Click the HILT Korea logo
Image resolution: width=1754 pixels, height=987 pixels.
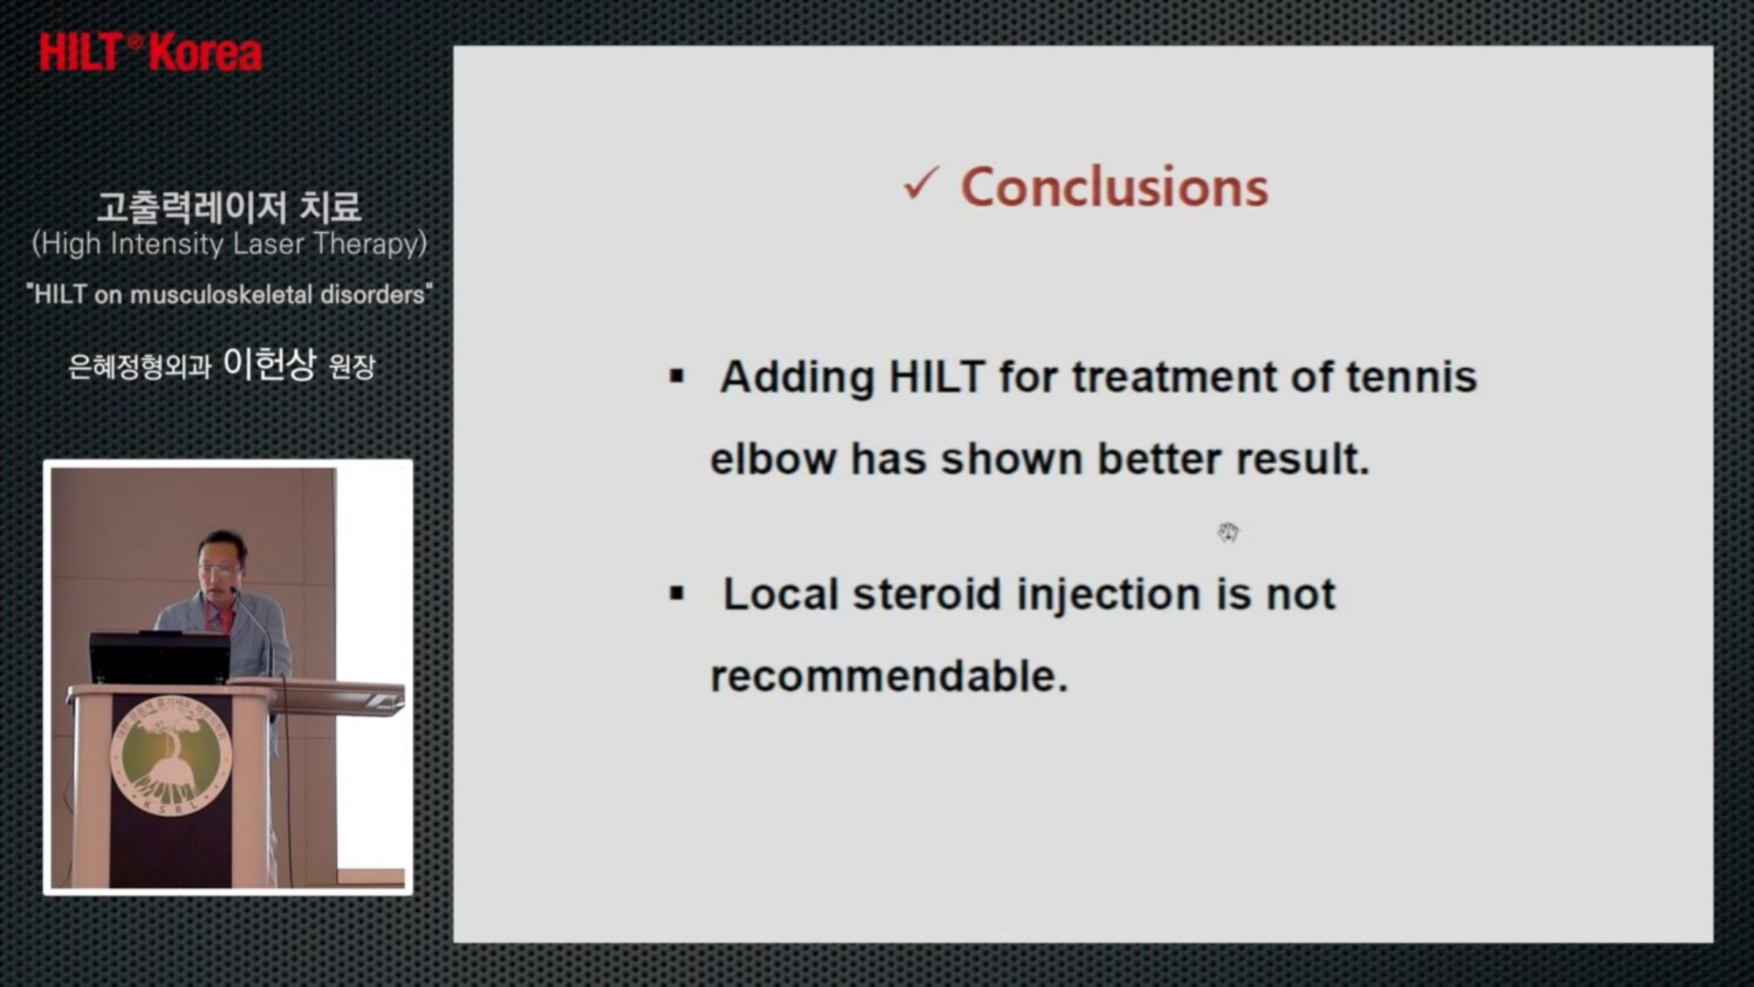(151, 52)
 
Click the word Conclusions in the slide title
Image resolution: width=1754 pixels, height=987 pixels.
(1115, 187)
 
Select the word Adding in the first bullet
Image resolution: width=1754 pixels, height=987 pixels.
(798, 378)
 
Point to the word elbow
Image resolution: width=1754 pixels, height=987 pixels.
(773, 458)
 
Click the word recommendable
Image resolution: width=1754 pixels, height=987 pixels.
(889, 676)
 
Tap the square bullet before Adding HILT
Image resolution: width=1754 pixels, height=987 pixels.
(677, 377)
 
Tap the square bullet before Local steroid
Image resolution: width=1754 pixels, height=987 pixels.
(677, 594)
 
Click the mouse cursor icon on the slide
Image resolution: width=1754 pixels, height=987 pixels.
(1228, 532)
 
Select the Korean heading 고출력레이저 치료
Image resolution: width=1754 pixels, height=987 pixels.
(229, 207)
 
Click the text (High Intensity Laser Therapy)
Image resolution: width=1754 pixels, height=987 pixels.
(229, 244)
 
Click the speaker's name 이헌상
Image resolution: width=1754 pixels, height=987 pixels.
(269, 364)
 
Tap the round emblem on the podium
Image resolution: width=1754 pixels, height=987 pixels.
(171, 756)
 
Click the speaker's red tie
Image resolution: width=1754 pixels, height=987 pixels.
(219, 618)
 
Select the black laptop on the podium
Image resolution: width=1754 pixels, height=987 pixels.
(160, 656)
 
